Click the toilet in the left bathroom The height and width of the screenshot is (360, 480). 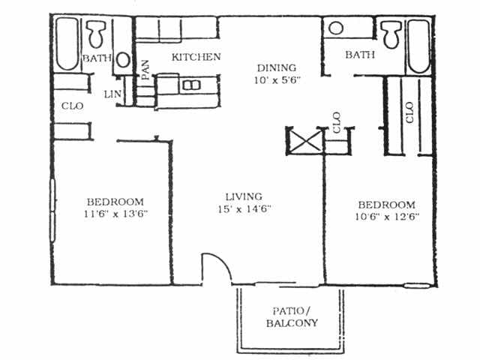pos(96,34)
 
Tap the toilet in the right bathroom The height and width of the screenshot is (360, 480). pos(390,34)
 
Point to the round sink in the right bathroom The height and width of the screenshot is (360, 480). pos(336,28)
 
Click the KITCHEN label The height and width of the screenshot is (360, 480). pos(196,57)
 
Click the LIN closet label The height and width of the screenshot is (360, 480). pos(112,94)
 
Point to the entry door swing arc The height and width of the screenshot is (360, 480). pos(214,266)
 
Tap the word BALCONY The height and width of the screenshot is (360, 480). pos(292,323)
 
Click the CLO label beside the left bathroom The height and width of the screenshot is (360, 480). pos(72,106)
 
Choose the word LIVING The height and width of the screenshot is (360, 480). pos(241,197)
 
